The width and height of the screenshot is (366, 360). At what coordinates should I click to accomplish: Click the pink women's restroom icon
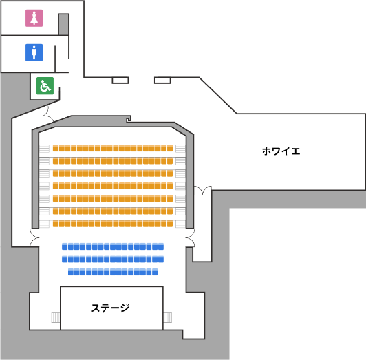click(34, 18)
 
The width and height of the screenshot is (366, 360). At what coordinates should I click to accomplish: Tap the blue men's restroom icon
click(34, 52)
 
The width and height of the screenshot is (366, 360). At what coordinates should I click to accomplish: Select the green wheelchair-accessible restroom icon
click(45, 86)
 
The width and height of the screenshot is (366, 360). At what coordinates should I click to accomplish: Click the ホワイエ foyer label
click(281, 151)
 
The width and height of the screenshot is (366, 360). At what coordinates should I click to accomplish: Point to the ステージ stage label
click(110, 308)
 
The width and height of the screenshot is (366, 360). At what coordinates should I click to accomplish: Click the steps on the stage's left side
click(56, 317)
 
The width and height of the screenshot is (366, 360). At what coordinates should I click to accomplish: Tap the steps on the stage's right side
click(168, 317)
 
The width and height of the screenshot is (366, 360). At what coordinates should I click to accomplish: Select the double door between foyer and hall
click(202, 191)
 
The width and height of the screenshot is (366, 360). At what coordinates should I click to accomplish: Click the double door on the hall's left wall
click(34, 237)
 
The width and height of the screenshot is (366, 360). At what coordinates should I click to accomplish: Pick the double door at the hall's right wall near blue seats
click(191, 237)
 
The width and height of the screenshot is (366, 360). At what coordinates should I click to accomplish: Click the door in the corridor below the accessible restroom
click(48, 114)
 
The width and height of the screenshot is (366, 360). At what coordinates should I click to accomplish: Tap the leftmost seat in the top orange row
click(56, 148)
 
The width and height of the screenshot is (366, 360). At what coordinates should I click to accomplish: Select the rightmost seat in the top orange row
click(170, 148)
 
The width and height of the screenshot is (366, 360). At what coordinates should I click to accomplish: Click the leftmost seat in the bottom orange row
click(56, 224)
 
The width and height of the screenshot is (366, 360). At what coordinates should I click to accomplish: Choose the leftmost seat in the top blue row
click(65, 246)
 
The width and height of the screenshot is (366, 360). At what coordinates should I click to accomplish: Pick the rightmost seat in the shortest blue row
click(155, 272)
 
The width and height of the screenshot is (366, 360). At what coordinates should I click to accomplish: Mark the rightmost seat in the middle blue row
click(161, 259)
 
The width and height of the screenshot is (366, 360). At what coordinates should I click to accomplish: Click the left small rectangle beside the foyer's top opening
click(120, 80)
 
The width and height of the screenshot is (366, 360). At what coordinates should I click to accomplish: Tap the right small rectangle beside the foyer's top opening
click(162, 80)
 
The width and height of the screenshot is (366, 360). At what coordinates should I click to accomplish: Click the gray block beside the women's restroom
click(63, 25)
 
